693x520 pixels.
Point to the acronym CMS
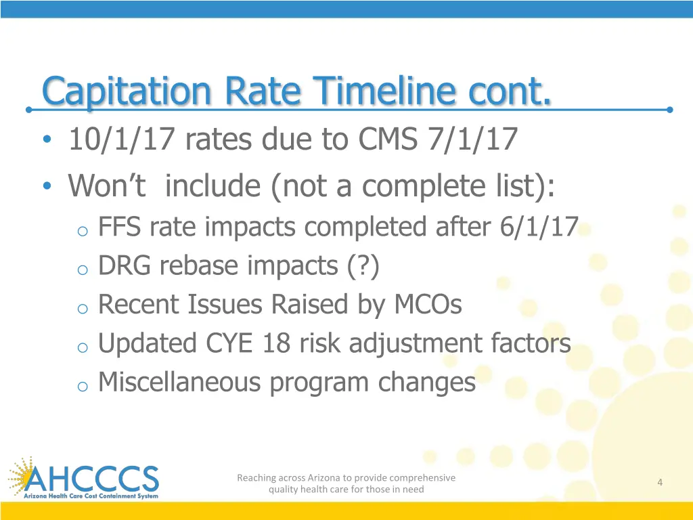click(389, 141)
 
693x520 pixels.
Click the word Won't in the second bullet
click(107, 185)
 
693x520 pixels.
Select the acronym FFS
click(120, 227)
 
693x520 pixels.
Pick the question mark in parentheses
click(363, 266)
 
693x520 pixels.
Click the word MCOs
click(428, 305)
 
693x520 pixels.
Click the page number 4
click(659, 482)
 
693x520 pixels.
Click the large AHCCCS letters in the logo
click(95, 479)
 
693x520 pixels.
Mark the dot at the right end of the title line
click(669, 109)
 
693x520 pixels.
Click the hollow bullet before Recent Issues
click(83, 308)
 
